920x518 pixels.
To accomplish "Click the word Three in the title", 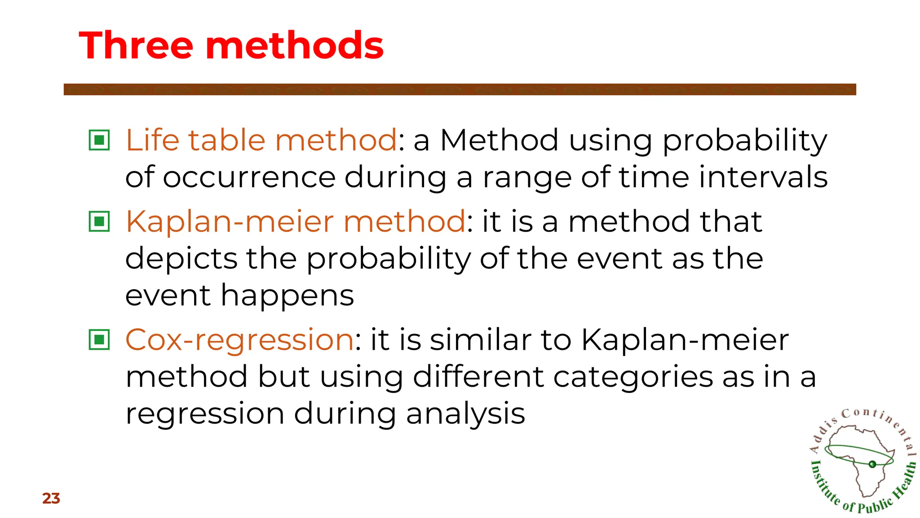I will click(136, 45).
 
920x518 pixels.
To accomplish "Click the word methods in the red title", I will click(294, 45).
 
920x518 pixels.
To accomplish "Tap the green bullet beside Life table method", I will click(99, 140).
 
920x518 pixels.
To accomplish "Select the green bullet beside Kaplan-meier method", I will click(99, 221).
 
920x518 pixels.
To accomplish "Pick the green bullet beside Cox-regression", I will click(99, 339).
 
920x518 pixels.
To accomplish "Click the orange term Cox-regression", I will click(239, 340).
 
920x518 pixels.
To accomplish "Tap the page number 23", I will click(51, 498).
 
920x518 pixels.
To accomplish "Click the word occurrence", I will click(249, 177).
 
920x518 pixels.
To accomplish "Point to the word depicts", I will click(181, 259).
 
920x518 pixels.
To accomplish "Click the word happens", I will click(287, 296).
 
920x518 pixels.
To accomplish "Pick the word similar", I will click(480, 340).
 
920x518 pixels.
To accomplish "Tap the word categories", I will click(632, 377).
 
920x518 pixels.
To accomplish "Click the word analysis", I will click(465, 414).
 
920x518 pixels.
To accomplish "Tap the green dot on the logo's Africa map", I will click(872, 464).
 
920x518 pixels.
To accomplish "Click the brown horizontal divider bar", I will click(460, 89).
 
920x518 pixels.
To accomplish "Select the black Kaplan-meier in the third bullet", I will click(685, 340).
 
